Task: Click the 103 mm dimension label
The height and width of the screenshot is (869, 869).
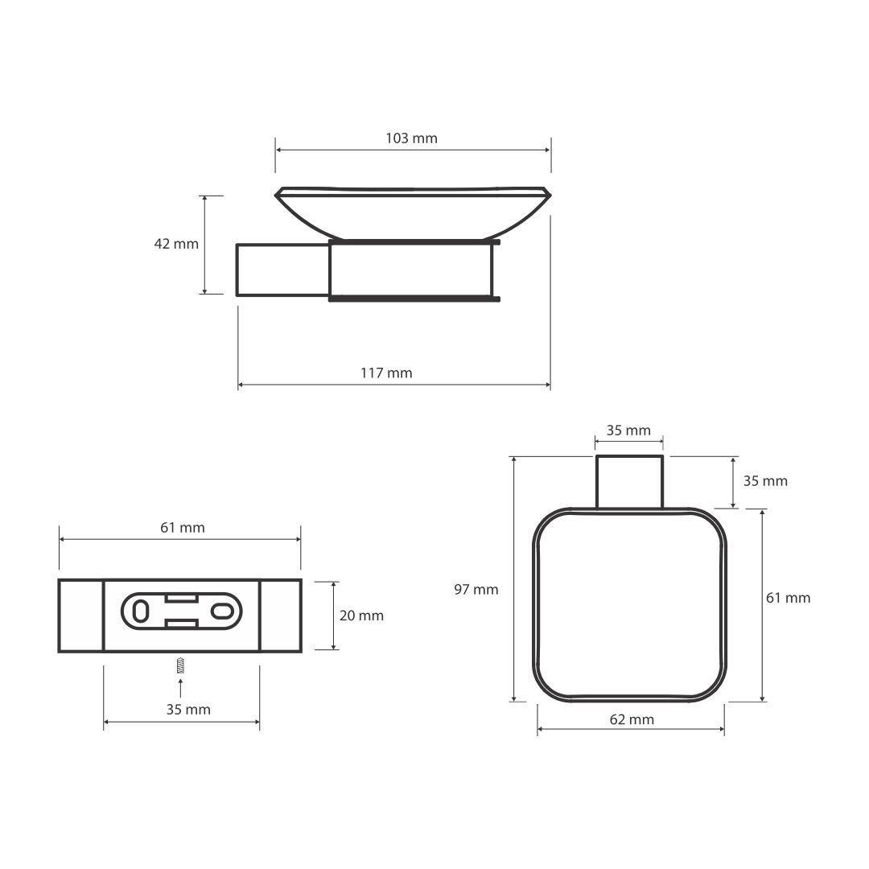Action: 411,138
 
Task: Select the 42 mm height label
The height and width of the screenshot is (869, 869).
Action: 176,244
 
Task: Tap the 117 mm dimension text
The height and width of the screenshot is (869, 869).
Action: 386,373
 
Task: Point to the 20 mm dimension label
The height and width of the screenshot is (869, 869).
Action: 361,616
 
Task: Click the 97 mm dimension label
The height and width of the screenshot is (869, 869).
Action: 476,590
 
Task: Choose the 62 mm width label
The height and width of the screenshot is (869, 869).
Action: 632,719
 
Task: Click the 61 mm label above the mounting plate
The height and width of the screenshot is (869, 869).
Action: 183,528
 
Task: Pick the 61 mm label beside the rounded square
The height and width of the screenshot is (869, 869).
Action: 788,598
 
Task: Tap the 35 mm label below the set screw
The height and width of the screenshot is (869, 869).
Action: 188,710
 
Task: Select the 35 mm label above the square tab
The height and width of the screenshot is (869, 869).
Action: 628,430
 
